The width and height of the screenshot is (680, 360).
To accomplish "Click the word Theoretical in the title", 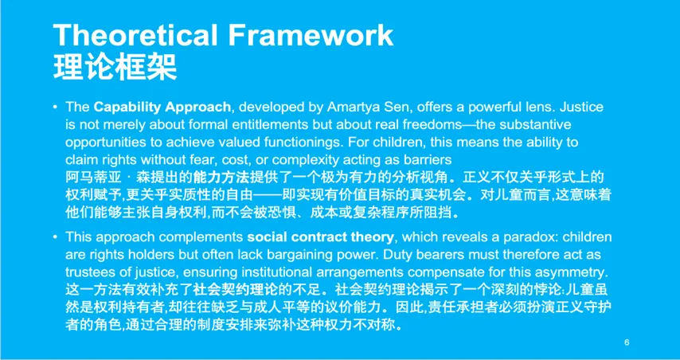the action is [x=135, y=35].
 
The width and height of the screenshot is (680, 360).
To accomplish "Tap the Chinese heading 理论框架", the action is [x=115, y=67].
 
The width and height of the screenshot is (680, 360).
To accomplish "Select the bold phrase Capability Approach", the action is [x=162, y=108].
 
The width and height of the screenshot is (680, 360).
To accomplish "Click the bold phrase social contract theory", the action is [x=320, y=237].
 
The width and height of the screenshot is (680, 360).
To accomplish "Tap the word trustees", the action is [x=89, y=272].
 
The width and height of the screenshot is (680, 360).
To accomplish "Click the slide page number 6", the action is [x=627, y=343].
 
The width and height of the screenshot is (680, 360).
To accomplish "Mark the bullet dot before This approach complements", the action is [x=55, y=237].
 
